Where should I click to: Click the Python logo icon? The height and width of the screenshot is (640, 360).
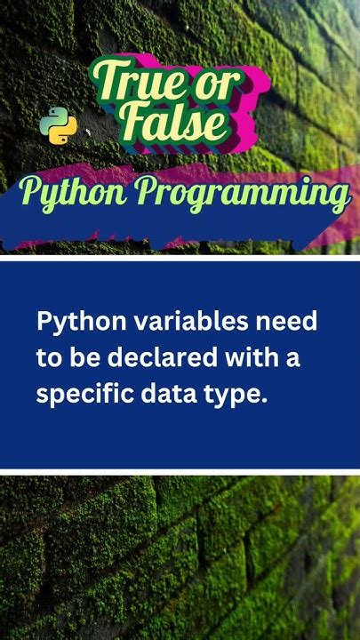(x=59, y=125)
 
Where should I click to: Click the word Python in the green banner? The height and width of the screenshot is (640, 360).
(x=74, y=193)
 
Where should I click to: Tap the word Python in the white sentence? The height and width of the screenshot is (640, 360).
(x=70, y=322)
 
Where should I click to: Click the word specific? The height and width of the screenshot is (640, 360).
(x=78, y=395)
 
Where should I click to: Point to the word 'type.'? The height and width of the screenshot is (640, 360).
(x=232, y=395)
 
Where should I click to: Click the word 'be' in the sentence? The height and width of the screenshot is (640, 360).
(x=78, y=358)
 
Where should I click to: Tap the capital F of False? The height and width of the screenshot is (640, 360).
(x=133, y=122)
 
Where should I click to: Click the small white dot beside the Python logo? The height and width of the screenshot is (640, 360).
(x=87, y=132)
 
